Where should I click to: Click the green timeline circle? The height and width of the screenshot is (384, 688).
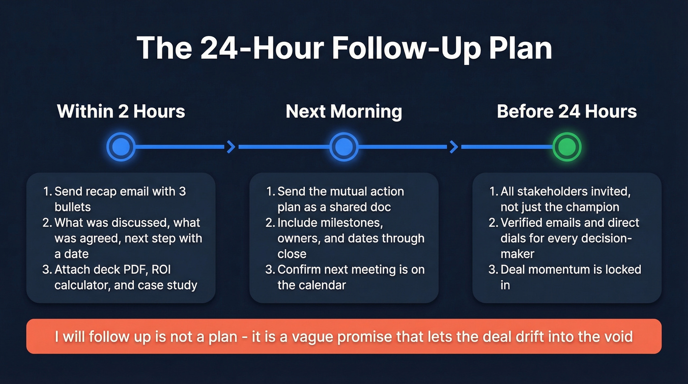(567, 147)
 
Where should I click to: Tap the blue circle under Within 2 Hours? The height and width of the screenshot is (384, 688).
(121, 147)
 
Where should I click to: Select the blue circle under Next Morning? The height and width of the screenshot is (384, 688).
(344, 147)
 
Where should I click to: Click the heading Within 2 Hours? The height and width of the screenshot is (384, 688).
(121, 111)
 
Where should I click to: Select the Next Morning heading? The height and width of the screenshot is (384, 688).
(344, 111)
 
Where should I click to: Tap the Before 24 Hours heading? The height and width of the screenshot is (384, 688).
(567, 111)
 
